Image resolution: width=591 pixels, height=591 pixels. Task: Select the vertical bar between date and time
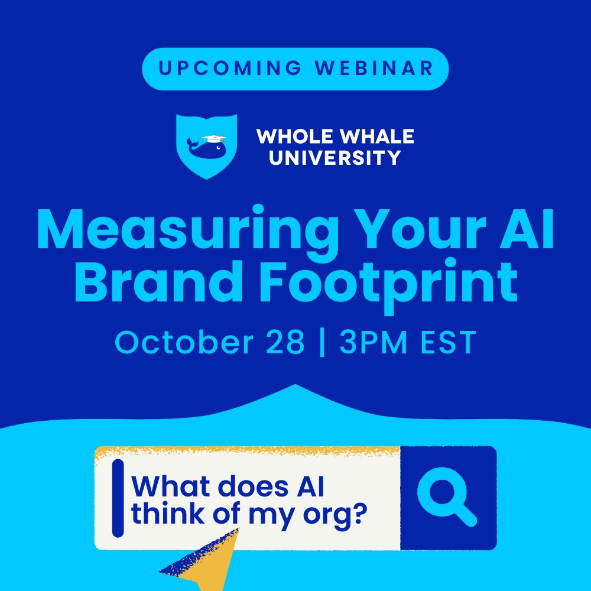coord(322,343)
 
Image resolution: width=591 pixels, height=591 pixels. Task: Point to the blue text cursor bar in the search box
coord(118,498)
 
